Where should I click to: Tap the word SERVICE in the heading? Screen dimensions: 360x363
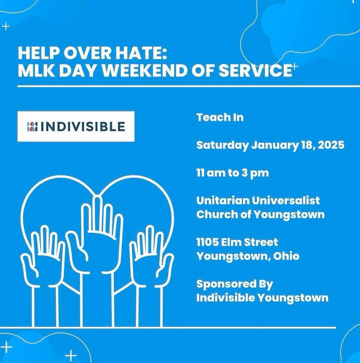click(x=255, y=70)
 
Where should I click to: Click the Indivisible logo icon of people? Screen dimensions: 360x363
click(x=32, y=126)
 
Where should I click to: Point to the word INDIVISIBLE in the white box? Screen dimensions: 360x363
click(x=83, y=126)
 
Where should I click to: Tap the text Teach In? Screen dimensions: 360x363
click(x=220, y=117)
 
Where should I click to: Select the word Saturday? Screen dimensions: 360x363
click(x=222, y=145)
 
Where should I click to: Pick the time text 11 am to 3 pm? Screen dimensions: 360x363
click(x=233, y=173)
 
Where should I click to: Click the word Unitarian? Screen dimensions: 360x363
click(x=223, y=200)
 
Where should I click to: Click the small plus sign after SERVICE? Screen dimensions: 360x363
click(x=294, y=66)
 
